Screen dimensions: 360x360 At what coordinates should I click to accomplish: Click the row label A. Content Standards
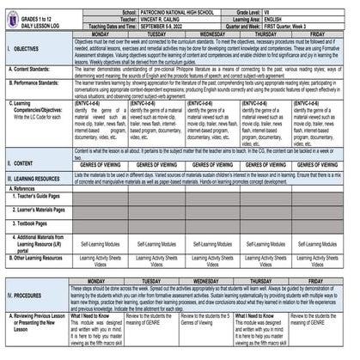[33, 68]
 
